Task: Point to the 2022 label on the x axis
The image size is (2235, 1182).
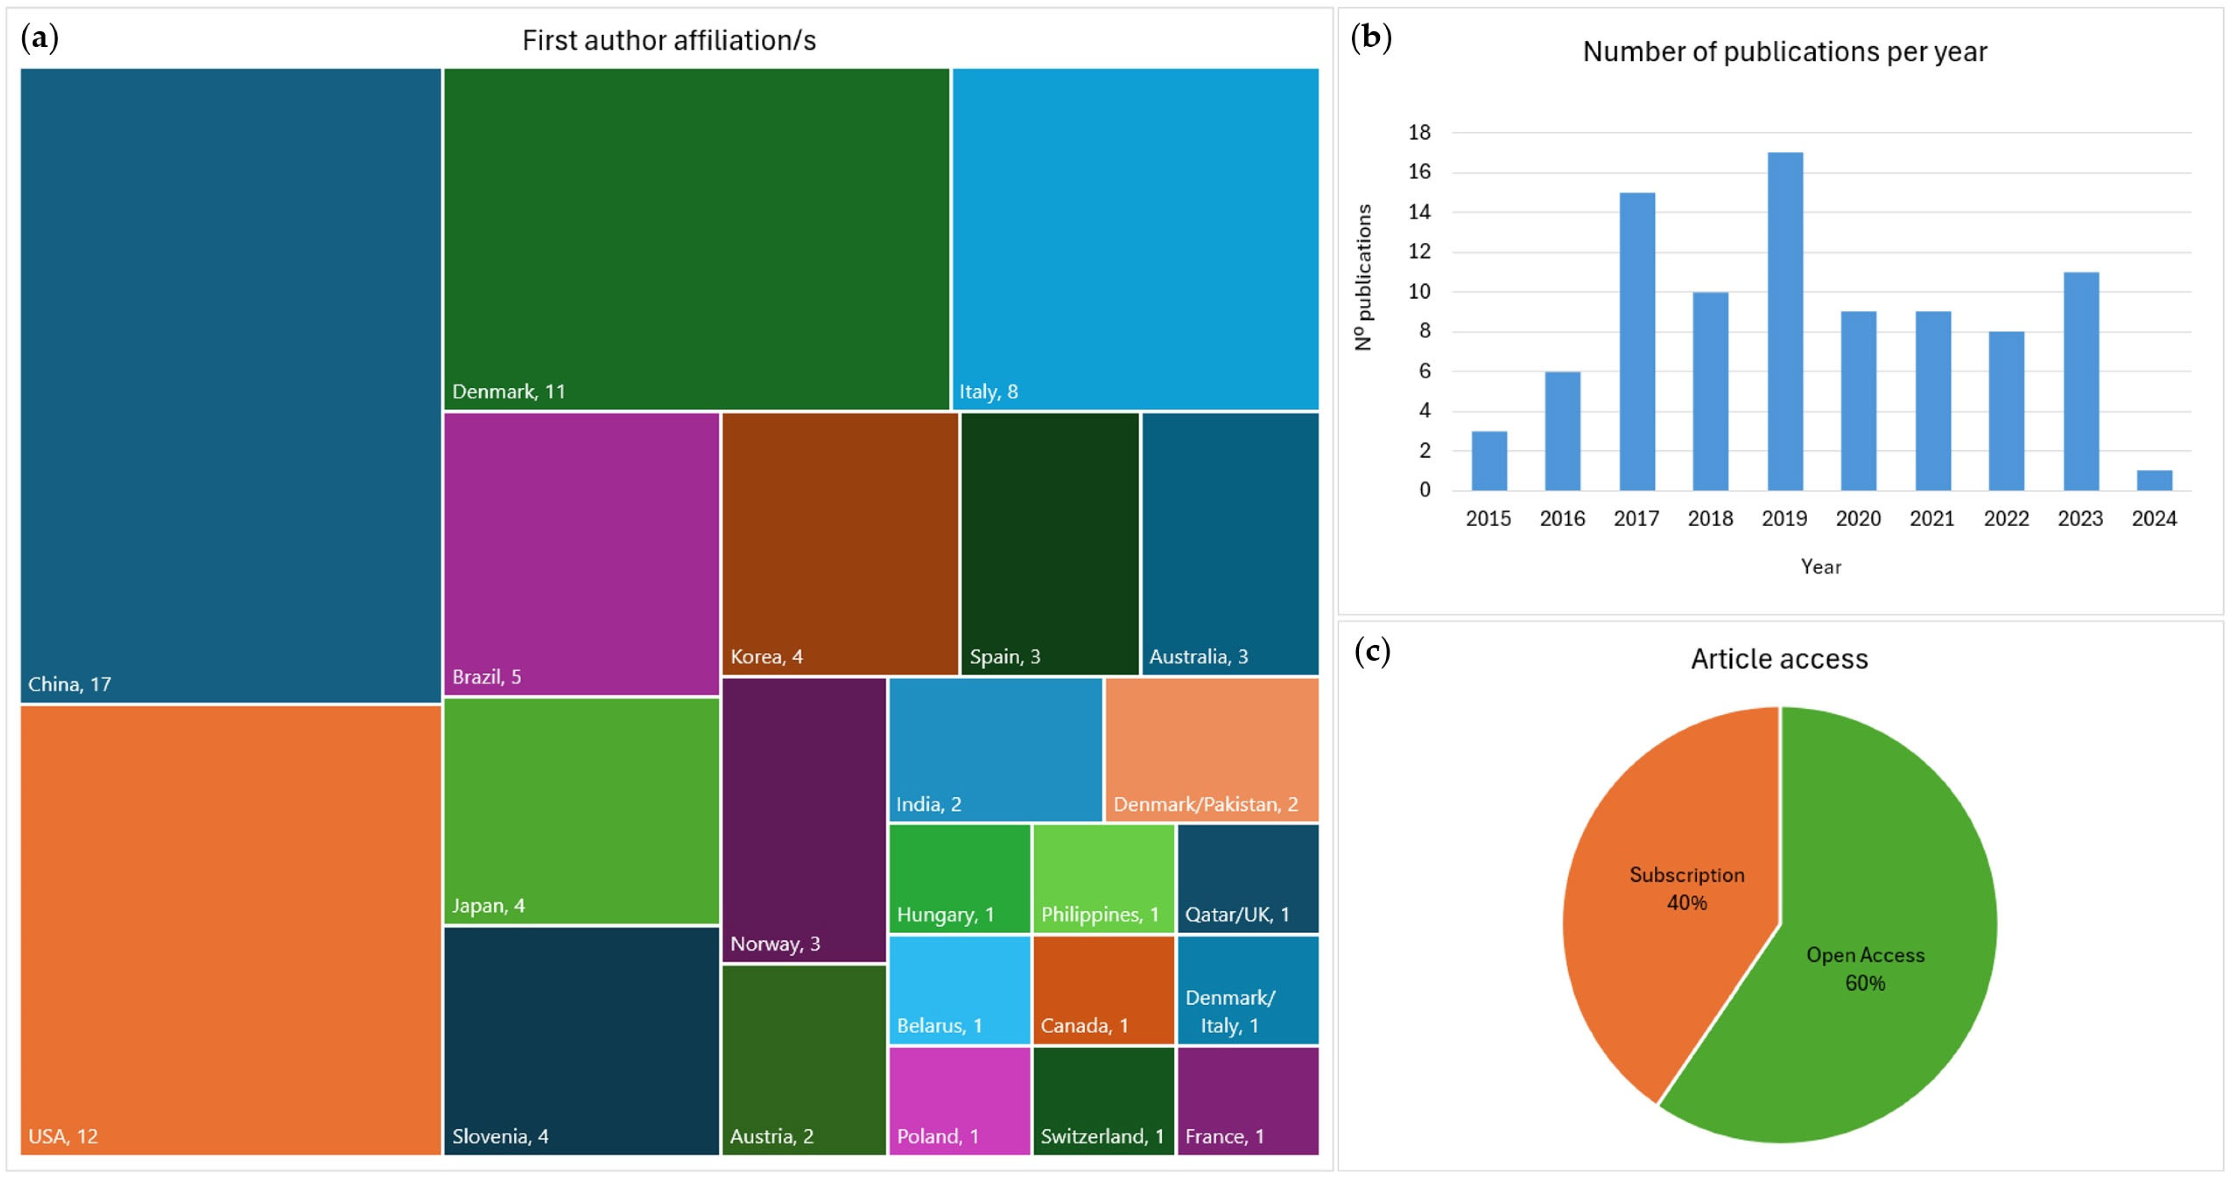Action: point(2005,519)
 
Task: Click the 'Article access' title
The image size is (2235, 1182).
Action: point(1778,658)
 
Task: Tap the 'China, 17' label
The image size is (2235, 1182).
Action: point(69,684)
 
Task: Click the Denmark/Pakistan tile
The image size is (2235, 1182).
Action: point(1211,749)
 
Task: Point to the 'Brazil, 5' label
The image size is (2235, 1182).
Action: point(487,677)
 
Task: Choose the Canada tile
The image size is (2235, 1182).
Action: point(1103,990)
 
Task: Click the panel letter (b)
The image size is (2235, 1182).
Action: point(1371,37)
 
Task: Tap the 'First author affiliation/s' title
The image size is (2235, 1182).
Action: point(669,41)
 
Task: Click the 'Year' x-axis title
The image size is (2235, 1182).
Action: point(1821,567)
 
